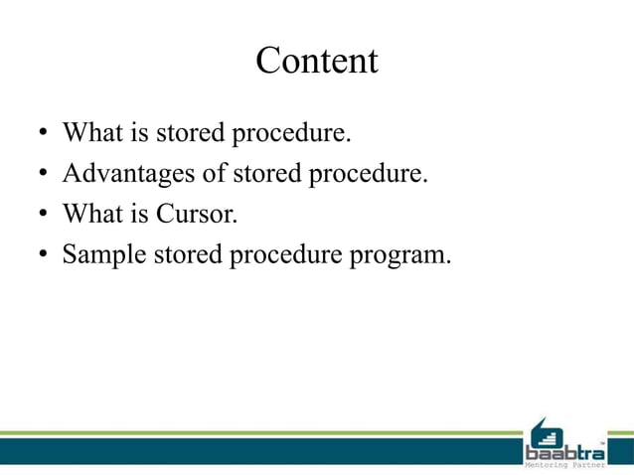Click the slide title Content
tap(317, 62)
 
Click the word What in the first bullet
tap(88, 133)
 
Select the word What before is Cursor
tap(88, 214)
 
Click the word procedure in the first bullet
tap(291, 134)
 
